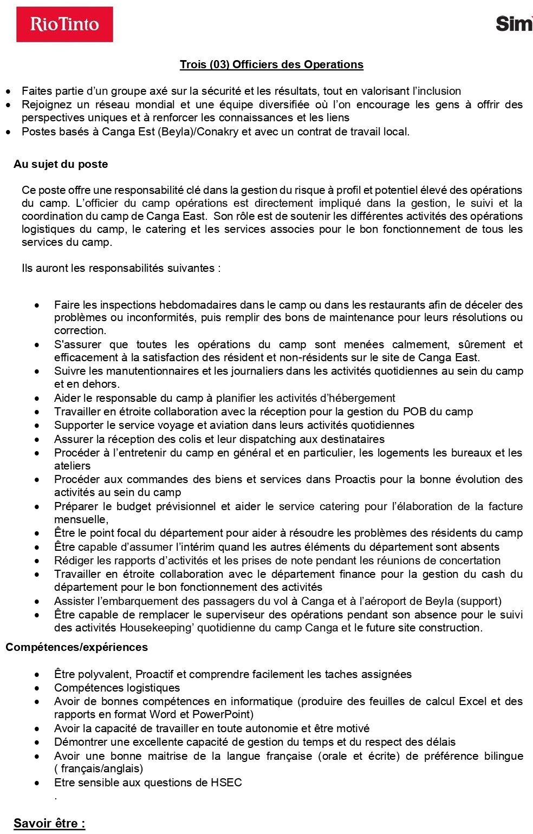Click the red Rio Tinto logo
pyautogui.click(x=64, y=24)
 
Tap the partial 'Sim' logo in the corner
pyautogui.click(x=513, y=24)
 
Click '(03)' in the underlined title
pyautogui.click(x=218, y=64)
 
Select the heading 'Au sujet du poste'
pyautogui.click(x=61, y=164)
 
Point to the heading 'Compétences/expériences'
pyautogui.click(x=76, y=647)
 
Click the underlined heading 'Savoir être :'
pyautogui.click(x=49, y=823)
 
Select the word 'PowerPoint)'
pyautogui.click(x=223, y=714)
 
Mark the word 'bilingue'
pyautogui.click(x=502, y=756)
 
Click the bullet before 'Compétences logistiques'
pyautogui.click(x=37, y=688)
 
